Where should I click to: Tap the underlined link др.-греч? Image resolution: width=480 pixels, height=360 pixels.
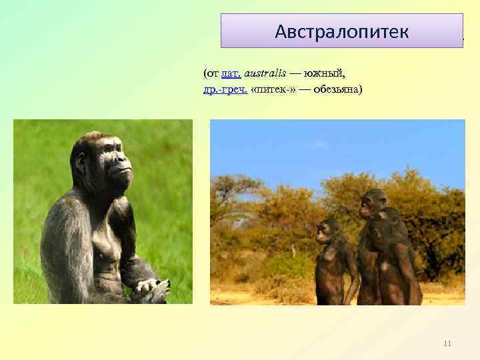click(225, 89)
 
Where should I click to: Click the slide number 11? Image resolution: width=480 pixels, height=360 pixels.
click(447, 343)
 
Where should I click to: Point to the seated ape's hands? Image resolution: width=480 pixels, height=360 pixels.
click(151, 289)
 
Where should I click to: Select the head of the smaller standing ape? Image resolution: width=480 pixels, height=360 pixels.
click(326, 230)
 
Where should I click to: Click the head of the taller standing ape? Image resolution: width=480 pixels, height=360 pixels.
click(373, 201)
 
